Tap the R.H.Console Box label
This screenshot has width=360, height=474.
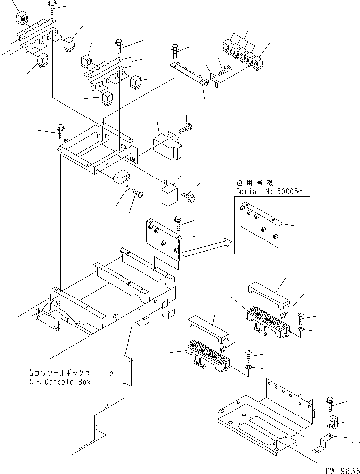coord(60,382)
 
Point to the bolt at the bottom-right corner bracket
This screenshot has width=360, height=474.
coord(330,404)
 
